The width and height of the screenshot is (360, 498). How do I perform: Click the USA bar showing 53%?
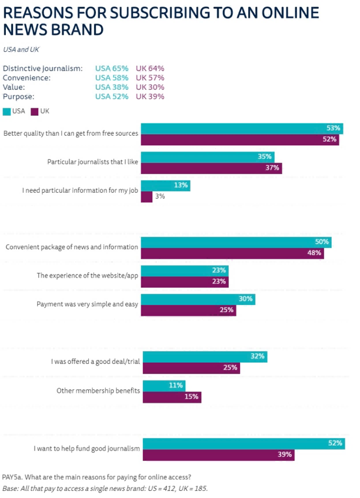[241, 129]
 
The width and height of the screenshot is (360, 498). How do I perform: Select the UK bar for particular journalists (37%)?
[212, 168]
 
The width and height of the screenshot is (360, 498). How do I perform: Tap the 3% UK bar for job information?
[147, 196]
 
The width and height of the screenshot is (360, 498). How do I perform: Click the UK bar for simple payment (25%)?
[189, 310]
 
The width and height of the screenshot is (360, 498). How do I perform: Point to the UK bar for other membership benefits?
[172, 397]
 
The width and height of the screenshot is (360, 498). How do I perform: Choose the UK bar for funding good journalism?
[218, 454]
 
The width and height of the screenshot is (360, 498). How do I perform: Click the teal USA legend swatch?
[7, 111]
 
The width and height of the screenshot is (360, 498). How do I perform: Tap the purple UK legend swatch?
[35, 111]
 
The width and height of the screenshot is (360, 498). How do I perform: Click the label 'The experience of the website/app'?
[88, 275]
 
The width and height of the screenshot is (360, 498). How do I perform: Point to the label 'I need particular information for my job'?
[81, 190]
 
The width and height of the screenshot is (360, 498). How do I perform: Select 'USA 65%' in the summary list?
[112, 68]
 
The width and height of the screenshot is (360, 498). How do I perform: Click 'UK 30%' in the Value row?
[150, 87]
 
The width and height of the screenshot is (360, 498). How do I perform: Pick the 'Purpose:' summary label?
[19, 96]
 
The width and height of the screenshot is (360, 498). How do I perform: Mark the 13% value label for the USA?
[181, 185]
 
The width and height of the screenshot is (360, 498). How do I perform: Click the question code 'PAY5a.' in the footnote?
[15, 477]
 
